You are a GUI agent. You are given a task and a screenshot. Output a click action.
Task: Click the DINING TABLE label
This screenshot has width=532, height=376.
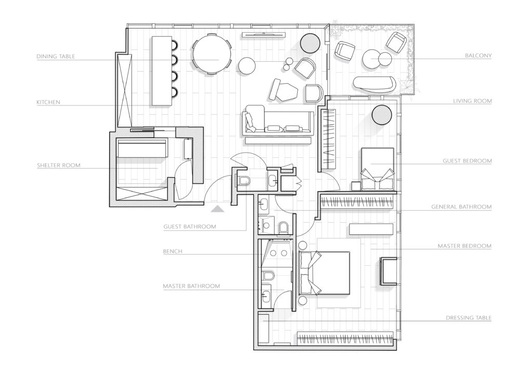[56, 56]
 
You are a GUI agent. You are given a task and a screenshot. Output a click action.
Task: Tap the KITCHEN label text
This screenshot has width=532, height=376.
[49, 102]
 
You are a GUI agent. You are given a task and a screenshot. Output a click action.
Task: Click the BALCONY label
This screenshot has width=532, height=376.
[478, 55]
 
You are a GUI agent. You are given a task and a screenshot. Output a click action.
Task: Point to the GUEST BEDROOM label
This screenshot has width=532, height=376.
[467, 161]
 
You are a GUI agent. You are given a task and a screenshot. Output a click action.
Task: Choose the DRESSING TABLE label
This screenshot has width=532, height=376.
[469, 317]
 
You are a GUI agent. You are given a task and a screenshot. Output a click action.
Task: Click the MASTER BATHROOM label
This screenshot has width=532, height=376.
[191, 286]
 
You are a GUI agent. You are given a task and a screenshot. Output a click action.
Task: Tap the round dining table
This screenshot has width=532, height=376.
[212, 53]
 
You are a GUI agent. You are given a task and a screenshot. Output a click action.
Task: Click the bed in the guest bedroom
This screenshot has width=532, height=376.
[378, 166]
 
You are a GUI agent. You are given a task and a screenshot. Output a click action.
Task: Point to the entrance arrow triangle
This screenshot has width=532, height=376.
[218, 209]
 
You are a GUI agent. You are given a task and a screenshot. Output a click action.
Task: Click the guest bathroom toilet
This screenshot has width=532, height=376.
[244, 181]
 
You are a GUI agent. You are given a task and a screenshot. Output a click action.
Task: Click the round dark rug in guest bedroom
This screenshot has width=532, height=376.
[383, 114]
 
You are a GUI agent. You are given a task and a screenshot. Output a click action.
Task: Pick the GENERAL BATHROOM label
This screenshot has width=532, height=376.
[461, 207]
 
